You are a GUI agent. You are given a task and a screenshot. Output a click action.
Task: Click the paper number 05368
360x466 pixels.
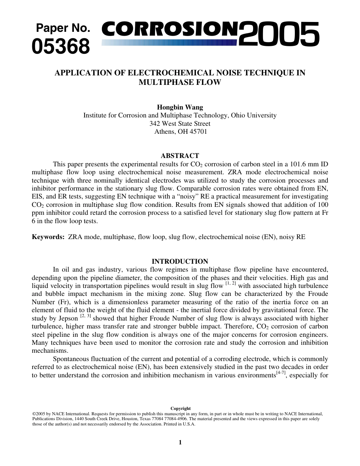tap(61, 47)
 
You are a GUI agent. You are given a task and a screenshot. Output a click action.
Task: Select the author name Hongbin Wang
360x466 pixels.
tap(180, 107)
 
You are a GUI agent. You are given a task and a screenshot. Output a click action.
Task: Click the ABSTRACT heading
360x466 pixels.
tap(180, 156)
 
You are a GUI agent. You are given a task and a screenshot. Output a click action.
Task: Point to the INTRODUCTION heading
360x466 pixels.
tap(180, 261)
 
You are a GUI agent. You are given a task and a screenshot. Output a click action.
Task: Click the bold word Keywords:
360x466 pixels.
tap(48, 237)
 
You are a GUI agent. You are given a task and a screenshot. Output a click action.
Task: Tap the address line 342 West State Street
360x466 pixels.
tap(180, 124)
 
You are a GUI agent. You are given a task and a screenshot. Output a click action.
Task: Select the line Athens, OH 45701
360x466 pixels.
tap(180, 131)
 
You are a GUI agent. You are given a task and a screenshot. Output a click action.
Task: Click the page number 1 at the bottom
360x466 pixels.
tap(180, 442)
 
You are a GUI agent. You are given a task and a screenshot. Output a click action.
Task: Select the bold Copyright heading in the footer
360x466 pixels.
tap(180, 408)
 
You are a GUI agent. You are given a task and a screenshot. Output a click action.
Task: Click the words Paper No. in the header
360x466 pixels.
tap(63, 28)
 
